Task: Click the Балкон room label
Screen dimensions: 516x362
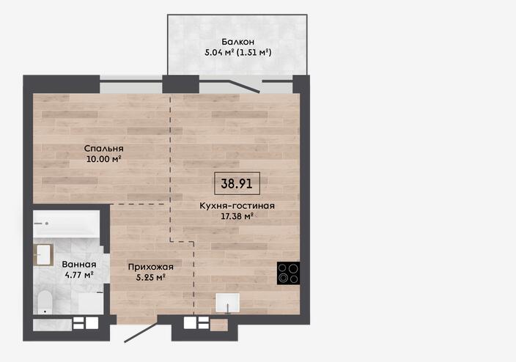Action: coord(237,42)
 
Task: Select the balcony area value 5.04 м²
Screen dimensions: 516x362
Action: coord(219,52)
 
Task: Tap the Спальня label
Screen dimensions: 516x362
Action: coord(103,149)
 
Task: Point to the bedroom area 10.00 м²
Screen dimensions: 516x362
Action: coord(103,159)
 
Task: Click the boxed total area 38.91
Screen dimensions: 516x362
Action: coord(237,183)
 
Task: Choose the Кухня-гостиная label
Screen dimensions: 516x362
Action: coord(237,206)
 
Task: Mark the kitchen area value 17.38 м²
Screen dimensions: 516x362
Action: coord(237,216)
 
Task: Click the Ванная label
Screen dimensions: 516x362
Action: coord(79,265)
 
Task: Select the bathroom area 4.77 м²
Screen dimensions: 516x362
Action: coord(79,275)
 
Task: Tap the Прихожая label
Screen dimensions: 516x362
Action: coord(151,267)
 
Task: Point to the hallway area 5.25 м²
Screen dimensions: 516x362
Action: coord(151,278)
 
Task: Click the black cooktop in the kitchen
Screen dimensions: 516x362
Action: coord(288,273)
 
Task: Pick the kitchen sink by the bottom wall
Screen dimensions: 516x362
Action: coord(228,303)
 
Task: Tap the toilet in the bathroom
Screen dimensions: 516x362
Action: coord(45,302)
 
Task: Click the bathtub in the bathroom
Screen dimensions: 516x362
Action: coord(66,224)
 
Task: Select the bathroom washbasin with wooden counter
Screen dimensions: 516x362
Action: coord(43,255)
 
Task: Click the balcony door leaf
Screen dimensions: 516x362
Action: coord(245,86)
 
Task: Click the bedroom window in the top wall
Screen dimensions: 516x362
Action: coord(131,84)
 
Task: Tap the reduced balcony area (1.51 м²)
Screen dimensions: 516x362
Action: coord(254,52)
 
